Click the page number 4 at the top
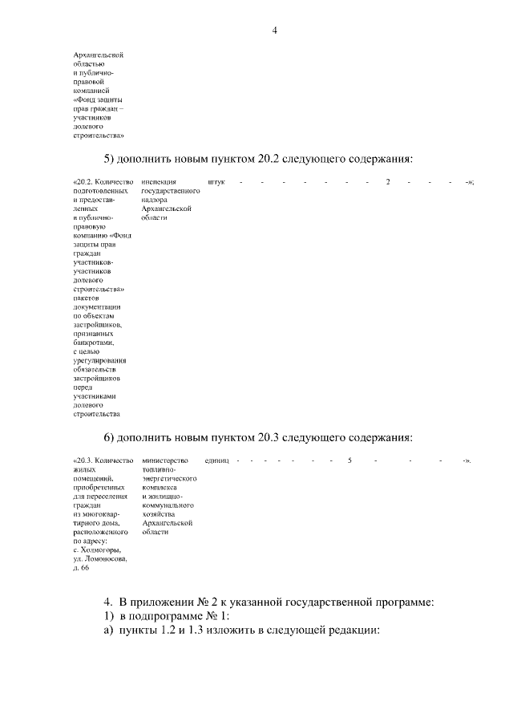coord(274,31)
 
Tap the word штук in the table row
coord(216,182)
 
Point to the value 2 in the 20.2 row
coord(388,182)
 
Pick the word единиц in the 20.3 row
coord(216,461)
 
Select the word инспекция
coord(159,182)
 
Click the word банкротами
coord(95,343)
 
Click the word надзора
coord(154,200)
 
